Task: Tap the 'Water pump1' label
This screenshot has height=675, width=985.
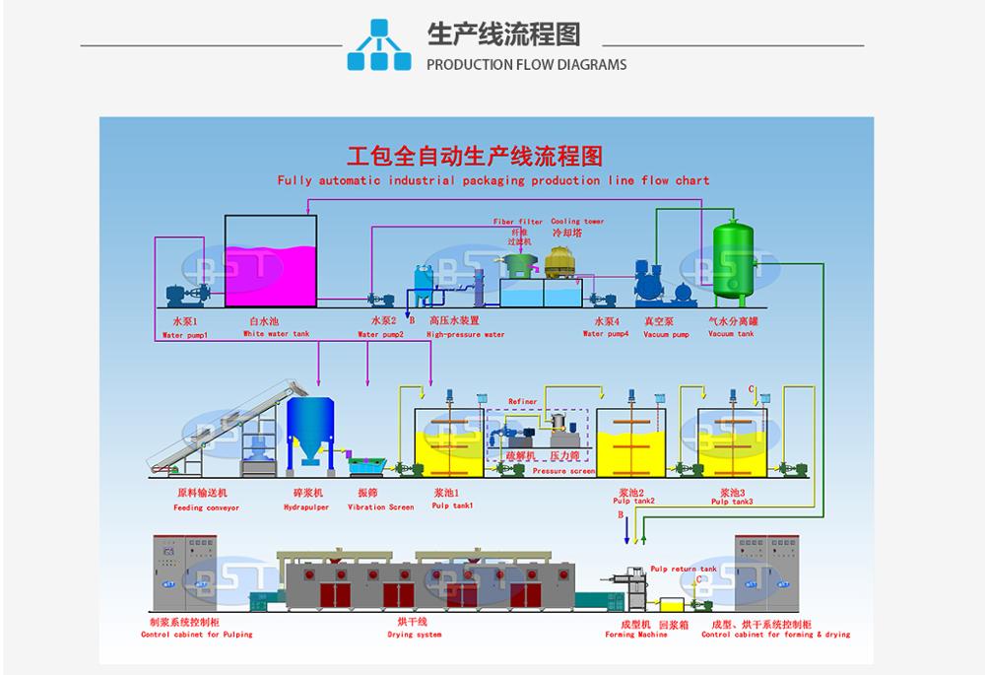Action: (185, 334)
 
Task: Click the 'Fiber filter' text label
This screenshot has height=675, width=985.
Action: (518, 222)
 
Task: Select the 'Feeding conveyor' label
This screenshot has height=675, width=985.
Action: (208, 507)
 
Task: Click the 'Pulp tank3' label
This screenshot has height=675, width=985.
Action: (732, 502)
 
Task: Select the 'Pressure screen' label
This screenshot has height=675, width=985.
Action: (563, 472)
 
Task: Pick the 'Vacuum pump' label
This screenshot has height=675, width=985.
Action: (666, 334)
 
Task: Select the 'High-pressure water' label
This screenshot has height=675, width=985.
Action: (466, 334)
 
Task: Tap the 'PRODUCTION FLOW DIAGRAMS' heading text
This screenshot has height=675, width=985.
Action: (526, 65)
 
